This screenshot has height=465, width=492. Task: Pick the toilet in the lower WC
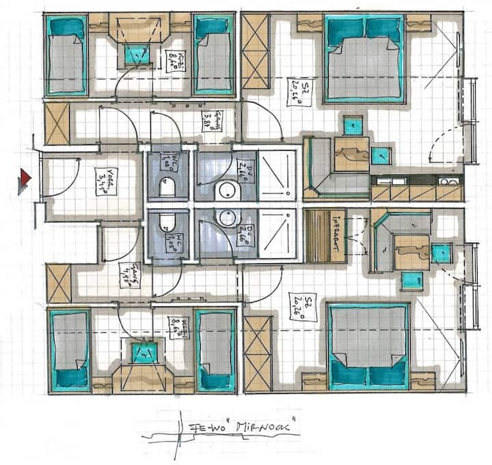[x=165, y=222]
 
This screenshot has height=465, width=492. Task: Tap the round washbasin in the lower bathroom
[x=225, y=218]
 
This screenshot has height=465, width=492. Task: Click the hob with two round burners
[x=449, y=181]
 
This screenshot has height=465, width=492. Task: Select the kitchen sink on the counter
[x=386, y=181]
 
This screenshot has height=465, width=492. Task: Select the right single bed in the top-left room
[x=213, y=55]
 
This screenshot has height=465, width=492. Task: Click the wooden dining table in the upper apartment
[x=351, y=154]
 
